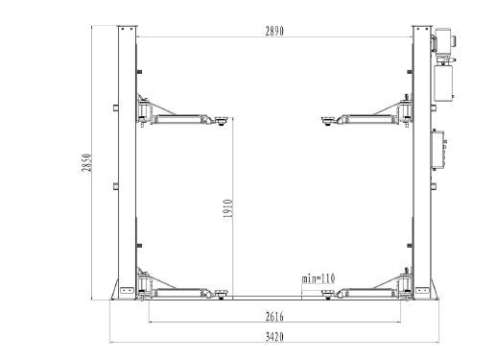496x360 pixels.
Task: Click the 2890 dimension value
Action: [274, 31]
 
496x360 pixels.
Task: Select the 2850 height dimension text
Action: [86, 163]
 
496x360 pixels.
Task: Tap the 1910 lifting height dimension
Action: [227, 208]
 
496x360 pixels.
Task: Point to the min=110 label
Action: [319, 278]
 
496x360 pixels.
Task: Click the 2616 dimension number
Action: [274, 317]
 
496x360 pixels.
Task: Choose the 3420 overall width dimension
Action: [274, 337]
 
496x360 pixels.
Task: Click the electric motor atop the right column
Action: [443, 40]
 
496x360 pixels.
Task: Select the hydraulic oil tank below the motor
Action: [443, 83]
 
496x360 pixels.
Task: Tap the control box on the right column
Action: [438, 149]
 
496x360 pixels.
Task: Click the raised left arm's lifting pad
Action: [221, 121]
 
